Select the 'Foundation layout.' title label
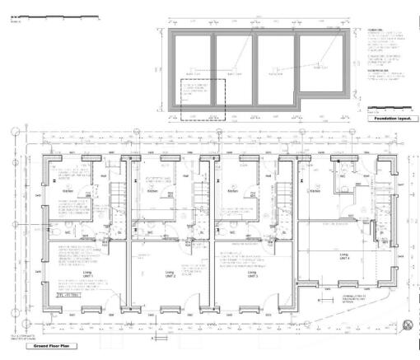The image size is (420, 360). (390, 119)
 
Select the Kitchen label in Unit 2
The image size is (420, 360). (152, 190)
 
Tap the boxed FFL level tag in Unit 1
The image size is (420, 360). (63, 295)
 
